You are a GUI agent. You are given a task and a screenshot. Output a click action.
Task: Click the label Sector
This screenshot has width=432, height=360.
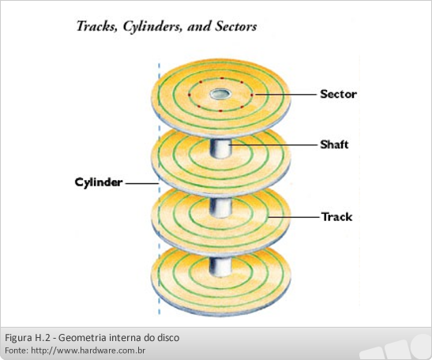click(338, 94)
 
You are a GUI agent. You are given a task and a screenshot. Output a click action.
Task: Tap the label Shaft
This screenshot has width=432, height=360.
click(334, 144)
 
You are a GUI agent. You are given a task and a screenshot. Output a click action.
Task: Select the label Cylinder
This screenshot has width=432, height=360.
click(99, 182)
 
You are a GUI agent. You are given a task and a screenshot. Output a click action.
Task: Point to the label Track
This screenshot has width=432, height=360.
click(336, 217)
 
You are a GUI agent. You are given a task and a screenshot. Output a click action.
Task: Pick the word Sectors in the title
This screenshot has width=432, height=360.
click(236, 26)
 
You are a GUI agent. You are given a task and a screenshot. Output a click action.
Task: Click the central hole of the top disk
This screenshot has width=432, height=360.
click(220, 94)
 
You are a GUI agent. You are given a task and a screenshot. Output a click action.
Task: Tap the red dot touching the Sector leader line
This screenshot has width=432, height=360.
click(252, 95)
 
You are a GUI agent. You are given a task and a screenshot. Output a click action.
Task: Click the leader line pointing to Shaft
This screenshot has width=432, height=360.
click(272, 144)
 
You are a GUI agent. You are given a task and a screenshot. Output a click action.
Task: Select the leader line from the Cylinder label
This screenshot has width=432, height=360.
click(142, 183)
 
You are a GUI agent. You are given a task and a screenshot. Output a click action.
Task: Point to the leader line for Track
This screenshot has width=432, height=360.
click(294, 217)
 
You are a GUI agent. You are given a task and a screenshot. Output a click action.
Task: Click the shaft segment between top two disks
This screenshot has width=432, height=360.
click(220, 148)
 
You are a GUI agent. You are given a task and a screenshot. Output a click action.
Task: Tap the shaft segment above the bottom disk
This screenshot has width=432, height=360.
click(220, 267)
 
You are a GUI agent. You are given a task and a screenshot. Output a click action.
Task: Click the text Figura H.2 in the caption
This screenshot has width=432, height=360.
click(28, 337)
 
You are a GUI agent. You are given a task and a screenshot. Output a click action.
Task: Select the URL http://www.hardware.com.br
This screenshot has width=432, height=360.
click(88, 351)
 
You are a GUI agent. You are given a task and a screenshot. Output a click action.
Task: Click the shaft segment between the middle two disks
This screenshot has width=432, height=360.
click(220, 208)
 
